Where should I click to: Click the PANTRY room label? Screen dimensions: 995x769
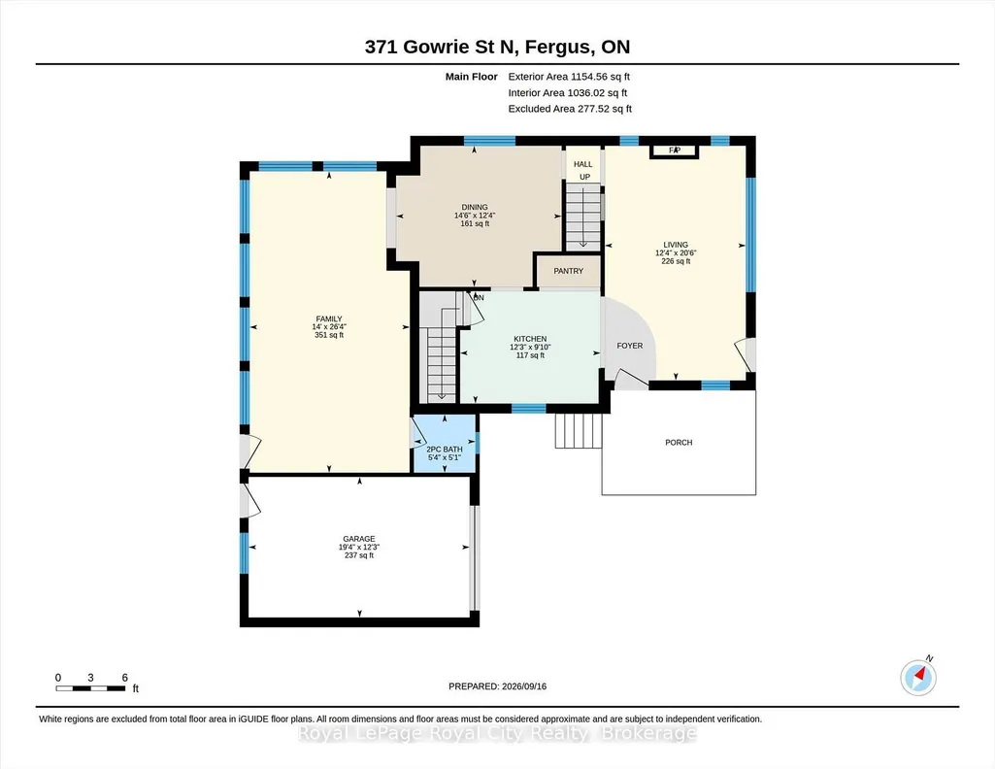tap(568, 271)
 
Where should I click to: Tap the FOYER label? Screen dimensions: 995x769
tap(629, 346)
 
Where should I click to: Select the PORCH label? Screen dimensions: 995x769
tap(679, 442)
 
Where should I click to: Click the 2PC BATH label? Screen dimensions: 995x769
tap(445, 450)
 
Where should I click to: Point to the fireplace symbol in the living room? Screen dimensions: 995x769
tap(674, 151)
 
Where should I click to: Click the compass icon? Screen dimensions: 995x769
tap(918, 677)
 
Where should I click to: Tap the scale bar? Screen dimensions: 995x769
tap(90, 688)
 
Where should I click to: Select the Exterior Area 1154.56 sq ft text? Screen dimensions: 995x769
tap(569, 77)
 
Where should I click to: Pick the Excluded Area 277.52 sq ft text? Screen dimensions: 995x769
tap(570, 109)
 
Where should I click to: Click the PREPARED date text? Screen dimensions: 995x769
tap(497, 685)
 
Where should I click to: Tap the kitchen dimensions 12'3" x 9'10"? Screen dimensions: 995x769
tap(530, 347)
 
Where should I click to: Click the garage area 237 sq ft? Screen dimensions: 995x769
tap(359, 555)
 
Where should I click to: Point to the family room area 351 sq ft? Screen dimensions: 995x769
tap(329, 335)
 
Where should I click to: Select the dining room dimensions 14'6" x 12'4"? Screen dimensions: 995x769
tap(475, 216)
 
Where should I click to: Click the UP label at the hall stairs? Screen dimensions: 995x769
tap(584, 177)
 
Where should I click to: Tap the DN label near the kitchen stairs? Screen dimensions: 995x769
tap(479, 297)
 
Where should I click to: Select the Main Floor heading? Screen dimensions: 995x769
tap(472, 77)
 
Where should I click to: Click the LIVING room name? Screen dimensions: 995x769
tap(676, 245)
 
